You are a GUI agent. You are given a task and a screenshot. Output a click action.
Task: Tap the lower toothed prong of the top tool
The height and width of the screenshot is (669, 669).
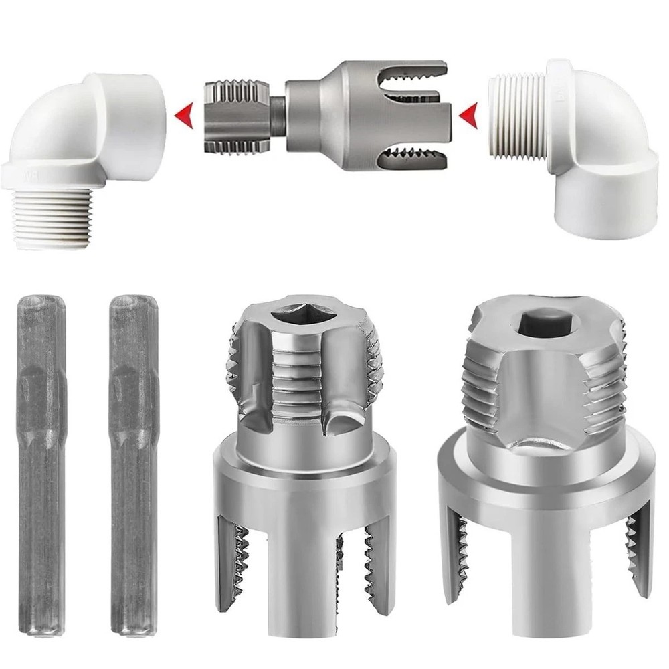(x=415, y=159)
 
